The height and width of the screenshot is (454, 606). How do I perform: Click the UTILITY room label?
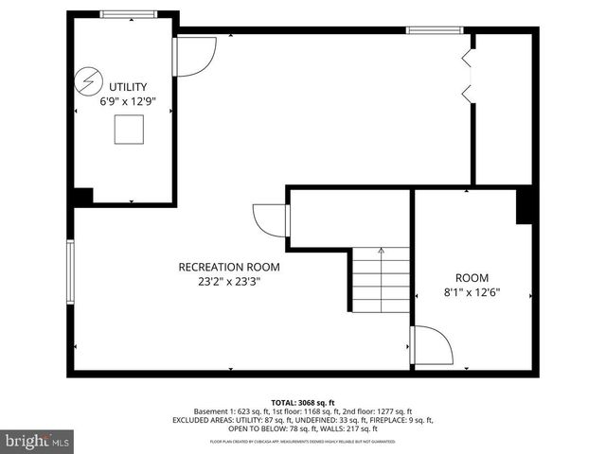click(x=128, y=86)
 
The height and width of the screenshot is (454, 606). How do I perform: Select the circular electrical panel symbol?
click(x=88, y=77)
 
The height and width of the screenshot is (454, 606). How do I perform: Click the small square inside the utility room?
click(x=129, y=130)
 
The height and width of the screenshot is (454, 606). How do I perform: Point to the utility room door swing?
click(x=194, y=56)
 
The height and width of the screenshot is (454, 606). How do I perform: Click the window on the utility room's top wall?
click(x=129, y=14)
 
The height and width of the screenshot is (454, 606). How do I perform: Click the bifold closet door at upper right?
click(x=465, y=76)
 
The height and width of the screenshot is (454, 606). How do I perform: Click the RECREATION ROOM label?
click(x=229, y=267)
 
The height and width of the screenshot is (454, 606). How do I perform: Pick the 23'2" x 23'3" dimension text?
click(x=229, y=281)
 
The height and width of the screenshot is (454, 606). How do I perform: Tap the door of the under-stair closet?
click(x=271, y=221)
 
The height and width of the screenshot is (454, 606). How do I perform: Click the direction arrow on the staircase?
click(x=381, y=253)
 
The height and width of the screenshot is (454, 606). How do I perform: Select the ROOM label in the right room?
click(x=472, y=277)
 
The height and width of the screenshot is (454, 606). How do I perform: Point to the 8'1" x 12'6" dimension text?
click(x=472, y=292)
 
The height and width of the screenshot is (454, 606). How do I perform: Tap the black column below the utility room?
click(x=83, y=197)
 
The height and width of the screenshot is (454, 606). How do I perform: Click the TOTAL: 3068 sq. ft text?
click(x=303, y=402)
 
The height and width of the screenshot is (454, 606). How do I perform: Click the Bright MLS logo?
click(x=38, y=441)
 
